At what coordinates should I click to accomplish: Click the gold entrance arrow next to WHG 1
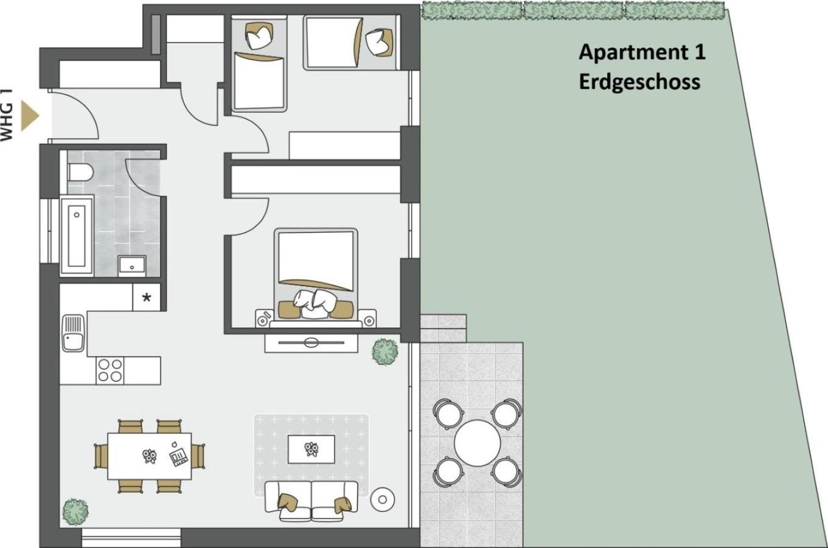point(29,116)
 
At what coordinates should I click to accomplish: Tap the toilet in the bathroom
point(80,172)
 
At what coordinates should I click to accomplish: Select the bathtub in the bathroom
point(77,236)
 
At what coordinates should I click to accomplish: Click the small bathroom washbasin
point(132,265)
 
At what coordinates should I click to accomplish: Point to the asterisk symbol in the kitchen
point(147,297)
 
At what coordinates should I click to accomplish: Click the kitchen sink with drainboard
point(73,332)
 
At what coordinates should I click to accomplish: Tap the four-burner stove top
point(110,370)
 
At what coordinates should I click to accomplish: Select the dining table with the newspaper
point(150,456)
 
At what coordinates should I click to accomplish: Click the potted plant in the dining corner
point(75,511)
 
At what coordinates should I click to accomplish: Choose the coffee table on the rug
point(311,449)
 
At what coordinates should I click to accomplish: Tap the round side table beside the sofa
point(383,500)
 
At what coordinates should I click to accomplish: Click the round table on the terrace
point(477,443)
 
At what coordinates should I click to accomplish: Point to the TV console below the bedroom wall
point(311,343)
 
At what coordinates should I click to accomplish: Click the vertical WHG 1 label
point(7,115)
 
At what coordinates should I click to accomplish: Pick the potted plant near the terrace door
point(385,351)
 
